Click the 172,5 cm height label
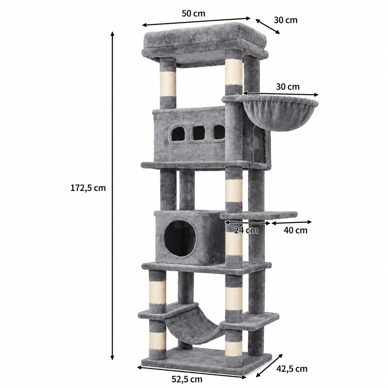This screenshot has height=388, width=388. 88,188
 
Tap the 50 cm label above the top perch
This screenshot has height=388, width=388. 193,14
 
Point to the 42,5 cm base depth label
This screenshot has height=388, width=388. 292,358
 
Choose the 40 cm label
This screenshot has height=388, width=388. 295,231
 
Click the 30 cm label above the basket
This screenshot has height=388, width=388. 288,87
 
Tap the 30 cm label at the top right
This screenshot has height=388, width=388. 286,20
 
